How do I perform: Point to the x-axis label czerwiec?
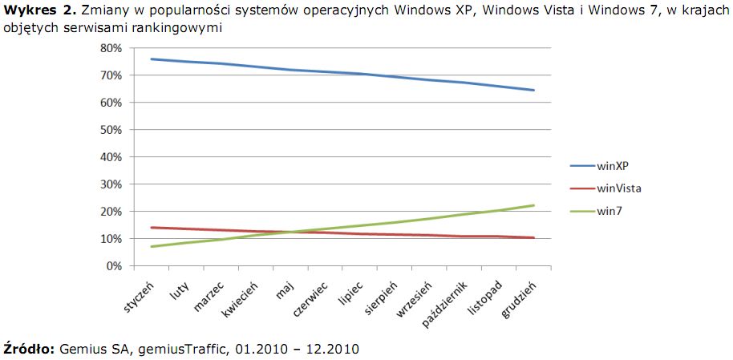(x=312, y=299)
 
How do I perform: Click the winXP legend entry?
(x=613, y=166)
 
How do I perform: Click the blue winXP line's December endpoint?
(x=534, y=90)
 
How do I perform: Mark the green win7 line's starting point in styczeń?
(x=151, y=246)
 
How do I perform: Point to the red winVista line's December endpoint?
(x=534, y=237)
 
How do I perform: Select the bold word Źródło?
(x=30, y=349)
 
